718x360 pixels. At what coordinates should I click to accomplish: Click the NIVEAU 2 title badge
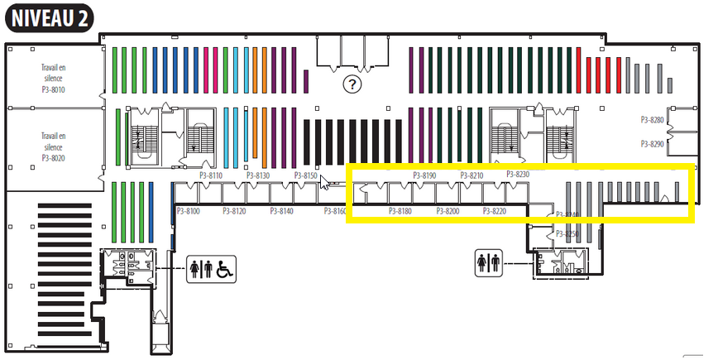pyautogui.click(x=49, y=18)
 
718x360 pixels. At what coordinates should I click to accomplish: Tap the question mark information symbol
pyautogui.click(x=353, y=84)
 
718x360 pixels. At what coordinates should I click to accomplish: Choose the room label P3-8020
pyautogui.click(x=54, y=157)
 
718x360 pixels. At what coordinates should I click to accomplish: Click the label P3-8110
pyautogui.click(x=211, y=176)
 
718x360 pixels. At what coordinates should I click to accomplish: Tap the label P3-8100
pyautogui.click(x=188, y=212)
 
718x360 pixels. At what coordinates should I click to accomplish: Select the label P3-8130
pyautogui.click(x=258, y=176)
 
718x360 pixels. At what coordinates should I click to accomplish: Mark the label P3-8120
pyautogui.click(x=235, y=212)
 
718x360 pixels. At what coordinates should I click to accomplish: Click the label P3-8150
pyautogui.click(x=305, y=176)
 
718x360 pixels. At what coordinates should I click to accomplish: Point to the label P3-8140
pyautogui.click(x=282, y=212)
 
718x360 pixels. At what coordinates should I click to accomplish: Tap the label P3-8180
pyautogui.click(x=400, y=212)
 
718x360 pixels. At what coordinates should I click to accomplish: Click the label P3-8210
pyautogui.click(x=471, y=175)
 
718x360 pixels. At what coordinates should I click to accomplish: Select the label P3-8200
pyautogui.click(x=448, y=212)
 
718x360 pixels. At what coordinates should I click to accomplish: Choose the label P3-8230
pyautogui.click(x=517, y=175)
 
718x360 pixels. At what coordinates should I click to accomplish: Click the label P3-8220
pyautogui.click(x=494, y=212)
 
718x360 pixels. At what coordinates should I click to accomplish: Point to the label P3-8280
pyautogui.click(x=653, y=121)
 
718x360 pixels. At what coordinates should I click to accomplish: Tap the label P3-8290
pyautogui.click(x=653, y=144)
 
